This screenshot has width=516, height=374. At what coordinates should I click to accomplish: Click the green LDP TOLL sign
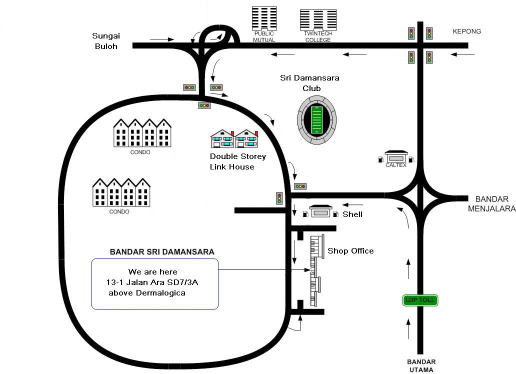420,300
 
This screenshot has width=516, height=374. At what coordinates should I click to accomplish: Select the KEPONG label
466,31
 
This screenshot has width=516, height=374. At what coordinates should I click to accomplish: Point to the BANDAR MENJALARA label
491,203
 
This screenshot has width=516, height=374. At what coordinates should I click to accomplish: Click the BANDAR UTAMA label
421,365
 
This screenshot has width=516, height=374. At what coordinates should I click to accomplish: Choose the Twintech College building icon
318,20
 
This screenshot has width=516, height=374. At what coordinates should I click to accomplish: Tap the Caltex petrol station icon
396,157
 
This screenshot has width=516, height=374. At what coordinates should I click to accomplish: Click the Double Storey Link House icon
234,138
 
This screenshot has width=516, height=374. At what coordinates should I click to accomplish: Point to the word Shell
352,214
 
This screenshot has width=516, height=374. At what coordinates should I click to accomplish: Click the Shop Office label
350,250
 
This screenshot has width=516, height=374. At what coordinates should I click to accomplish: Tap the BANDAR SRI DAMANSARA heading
162,251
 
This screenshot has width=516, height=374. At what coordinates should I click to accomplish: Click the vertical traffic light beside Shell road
279,197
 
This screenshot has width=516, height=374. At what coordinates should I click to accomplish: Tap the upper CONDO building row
142,132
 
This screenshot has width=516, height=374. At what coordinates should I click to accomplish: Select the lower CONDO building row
121,192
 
